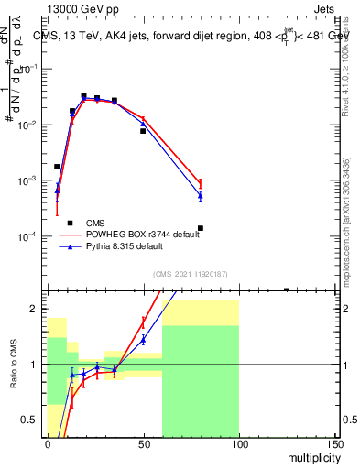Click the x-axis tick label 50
click(143, 443)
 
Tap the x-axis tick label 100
click(238, 443)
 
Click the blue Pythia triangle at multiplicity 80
click(200, 195)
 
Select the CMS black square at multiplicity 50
click(143, 131)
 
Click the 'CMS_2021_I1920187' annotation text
click(190, 273)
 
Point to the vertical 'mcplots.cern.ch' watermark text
click(346, 220)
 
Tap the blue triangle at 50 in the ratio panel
click(143, 340)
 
